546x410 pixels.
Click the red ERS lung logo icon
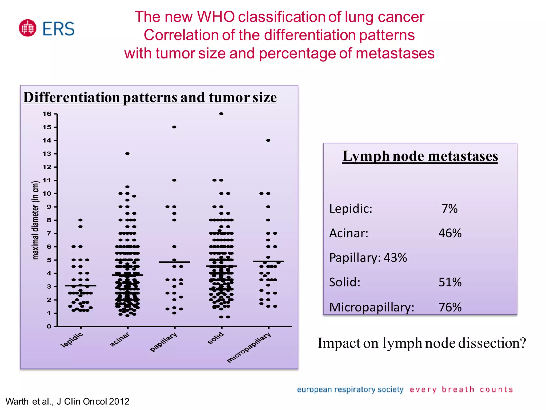tap(27, 28)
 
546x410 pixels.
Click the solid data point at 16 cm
tap(221, 114)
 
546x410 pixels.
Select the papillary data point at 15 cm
tap(174, 127)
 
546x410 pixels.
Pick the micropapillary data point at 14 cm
tap(268, 140)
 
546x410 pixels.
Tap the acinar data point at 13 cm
tap(127, 154)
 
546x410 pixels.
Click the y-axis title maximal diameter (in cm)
tap(36, 220)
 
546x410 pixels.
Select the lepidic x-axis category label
tap(72, 340)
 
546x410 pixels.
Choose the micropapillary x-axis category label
tap(249, 348)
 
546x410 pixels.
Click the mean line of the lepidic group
tap(81, 286)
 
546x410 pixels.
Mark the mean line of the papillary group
tap(174, 262)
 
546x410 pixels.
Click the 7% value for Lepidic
tap(449, 209)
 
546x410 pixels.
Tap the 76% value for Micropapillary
tap(450, 307)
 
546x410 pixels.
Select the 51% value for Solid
tap(450, 282)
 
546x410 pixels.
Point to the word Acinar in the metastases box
tap(349, 233)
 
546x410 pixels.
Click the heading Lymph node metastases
tap(420, 156)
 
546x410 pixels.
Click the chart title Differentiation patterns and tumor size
tap(150, 97)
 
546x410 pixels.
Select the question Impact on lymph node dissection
tap(421, 343)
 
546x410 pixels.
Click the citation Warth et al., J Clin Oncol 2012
tap(67, 401)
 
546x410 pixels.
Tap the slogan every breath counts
tap(461, 390)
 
